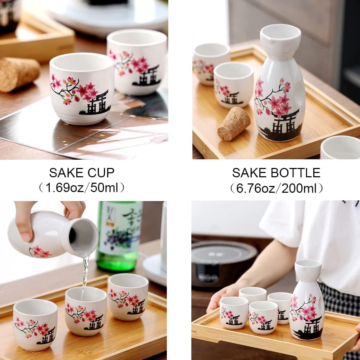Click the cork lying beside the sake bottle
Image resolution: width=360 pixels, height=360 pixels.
tap(234, 124)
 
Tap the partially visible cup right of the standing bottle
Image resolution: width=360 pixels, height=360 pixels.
tap(340, 147)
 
